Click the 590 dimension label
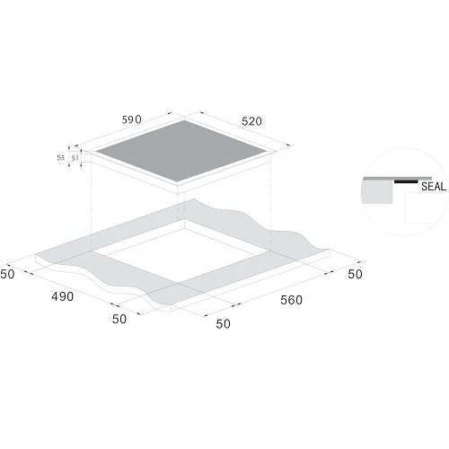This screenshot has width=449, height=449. (131, 119)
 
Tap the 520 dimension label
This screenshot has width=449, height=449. (251, 121)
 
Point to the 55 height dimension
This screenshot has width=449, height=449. (61, 157)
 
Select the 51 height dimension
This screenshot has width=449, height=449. (75, 158)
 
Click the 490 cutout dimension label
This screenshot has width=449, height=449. (62, 296)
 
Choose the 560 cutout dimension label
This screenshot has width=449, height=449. (291, 300)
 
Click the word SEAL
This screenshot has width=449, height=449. (434, 187)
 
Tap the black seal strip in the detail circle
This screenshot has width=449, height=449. (406, 181)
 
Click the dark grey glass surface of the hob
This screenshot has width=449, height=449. (181, 151)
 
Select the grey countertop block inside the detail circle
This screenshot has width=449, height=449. (377, 192)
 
